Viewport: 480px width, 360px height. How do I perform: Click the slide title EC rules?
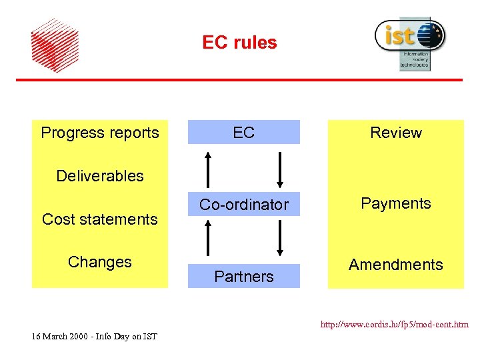[239, 43]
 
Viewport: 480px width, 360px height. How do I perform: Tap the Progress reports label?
[100, 133]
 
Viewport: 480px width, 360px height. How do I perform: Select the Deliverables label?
[100, 176]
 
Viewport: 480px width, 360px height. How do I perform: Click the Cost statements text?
[100, 219]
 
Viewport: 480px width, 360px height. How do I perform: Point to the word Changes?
[100, 262]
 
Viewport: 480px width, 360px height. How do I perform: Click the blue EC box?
[243, 132]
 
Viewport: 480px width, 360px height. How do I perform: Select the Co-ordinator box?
[243, 205]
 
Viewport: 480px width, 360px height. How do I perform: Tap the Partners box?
[243, 276]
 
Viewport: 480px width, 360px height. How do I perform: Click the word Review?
[396, 133]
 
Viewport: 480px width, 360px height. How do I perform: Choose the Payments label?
[396, 203]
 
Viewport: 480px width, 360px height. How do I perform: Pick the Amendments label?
[396, 265]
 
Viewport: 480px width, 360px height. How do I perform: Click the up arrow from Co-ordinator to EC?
[209, 169]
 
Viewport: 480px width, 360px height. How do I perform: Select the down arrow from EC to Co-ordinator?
[280, 170]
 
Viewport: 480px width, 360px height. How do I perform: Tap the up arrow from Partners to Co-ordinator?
[209, 239]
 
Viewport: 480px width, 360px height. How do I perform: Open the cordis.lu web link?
[394, 325]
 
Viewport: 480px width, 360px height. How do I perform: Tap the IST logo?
[410, 42]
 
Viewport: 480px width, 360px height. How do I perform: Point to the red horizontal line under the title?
[239, 80]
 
